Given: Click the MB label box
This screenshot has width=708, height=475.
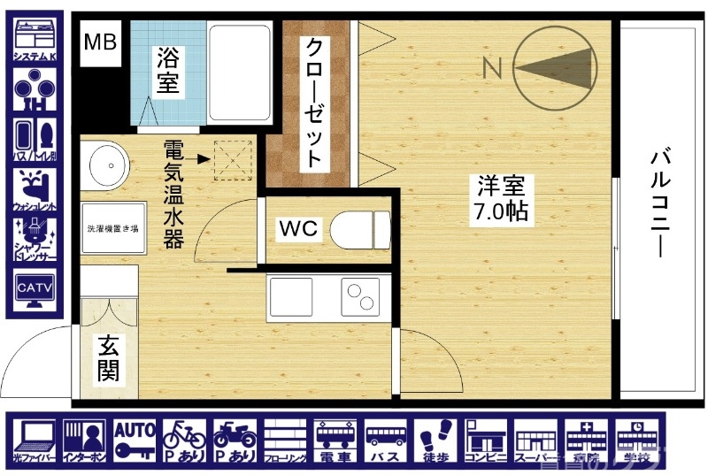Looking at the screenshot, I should click(x=100, y=42).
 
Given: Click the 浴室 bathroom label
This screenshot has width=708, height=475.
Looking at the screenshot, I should click(x=168, y=72).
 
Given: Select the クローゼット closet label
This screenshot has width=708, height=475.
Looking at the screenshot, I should click(x=312, y=103).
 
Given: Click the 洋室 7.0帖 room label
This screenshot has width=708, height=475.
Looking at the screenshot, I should click(x=502, y=198).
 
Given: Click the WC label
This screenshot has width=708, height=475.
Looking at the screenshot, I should click(x=298, y=228).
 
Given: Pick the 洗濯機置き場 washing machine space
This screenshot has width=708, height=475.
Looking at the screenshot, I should click(x=112, y=229).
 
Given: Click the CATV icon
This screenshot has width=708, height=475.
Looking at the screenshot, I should click(x=35, y=291).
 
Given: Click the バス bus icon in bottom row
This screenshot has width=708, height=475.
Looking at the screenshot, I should click(x=387, y=440).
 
